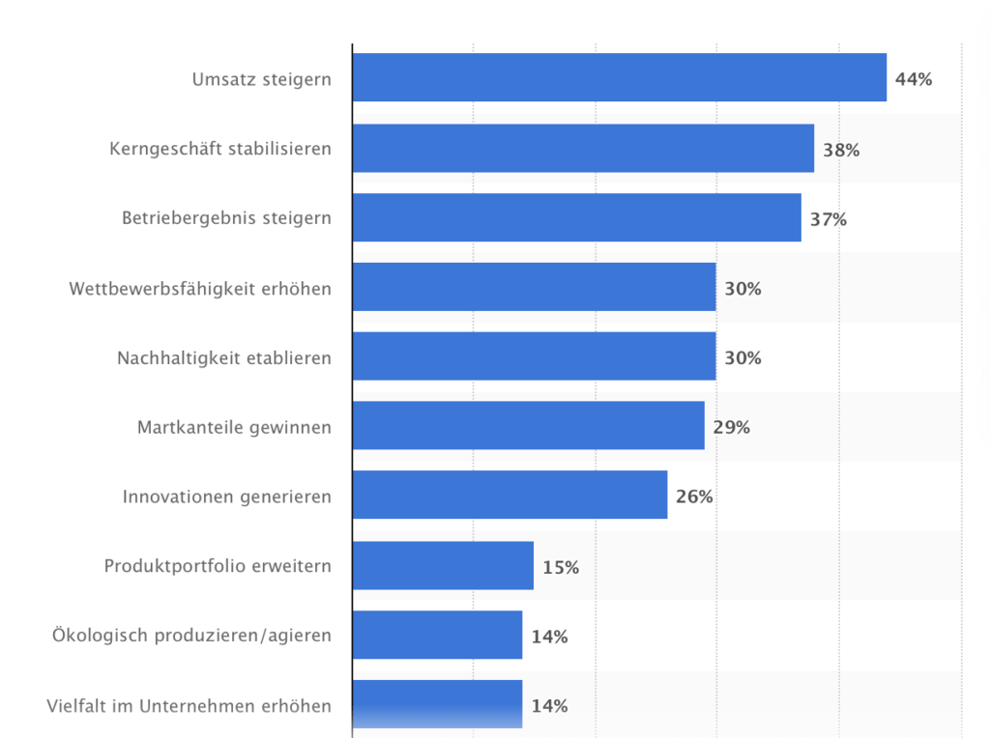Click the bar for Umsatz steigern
pyautogui.click(x=619, y=77)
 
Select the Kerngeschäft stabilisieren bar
pyautogui.click(x=583, y=148)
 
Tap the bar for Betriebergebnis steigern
pyautogui.click(x=576, y=217)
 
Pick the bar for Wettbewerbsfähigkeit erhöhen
pyautogui.click(x=534, y=287)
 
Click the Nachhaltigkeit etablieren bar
pyautogui.click(x=534, y=356)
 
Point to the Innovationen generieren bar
pyautogui.click(x=510, y=496)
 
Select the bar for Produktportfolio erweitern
pyautogui.click(x=443, y=565)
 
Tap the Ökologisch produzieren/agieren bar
pyautogui.click(x=437, y=635)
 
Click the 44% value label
pyautogui.click(x=914, y=79)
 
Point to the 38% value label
pyautogui.click(x=841, y=150)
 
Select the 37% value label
pyautogui.click(x=829, y=219)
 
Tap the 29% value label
pyautogui.click(x=732, y=427)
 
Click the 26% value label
pyautogui.click(x=694, y=497)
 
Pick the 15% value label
pyautogui.click(x=561, y=567)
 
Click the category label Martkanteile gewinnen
pyautogui.click(x=234, y=427)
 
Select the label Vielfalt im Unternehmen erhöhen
pyautogui.click(x=189, y=706)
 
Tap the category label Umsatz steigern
pyautogui.click(x=261, y=79)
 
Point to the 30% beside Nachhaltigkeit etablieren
pyautogui.click(x=743, y=357)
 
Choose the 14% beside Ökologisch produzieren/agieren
pyautogui.click(x=549, y=637)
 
